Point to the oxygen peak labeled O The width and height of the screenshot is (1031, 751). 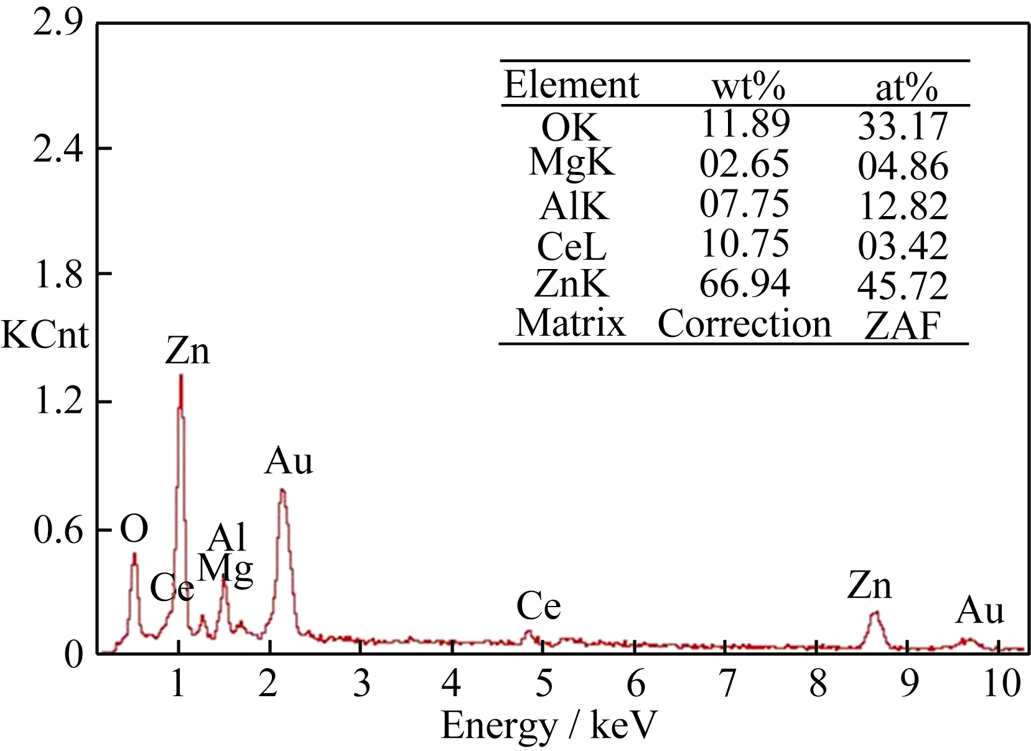click(x=134, y=554)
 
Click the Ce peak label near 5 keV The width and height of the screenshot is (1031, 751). click(x=539, y=606)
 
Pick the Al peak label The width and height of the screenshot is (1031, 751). click(x=227, y=537)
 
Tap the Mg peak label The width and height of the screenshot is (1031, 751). click(x=226, y=568)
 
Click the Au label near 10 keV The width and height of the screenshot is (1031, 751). click(x=980, y=610)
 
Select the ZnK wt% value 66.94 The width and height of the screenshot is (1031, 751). click(x=744, y=284)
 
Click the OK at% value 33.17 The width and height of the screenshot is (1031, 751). click(x=903, y=126)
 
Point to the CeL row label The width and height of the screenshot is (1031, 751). click(x=571, y=247)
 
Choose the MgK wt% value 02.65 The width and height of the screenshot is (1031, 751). click(x=744, y=164)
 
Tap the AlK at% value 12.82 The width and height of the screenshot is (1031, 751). click(x=903, y=206)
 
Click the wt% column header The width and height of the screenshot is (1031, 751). click(x=749, y=86)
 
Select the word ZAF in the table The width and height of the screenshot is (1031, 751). click(x=903, y=325)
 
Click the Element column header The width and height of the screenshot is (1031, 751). click(x=571, y=85)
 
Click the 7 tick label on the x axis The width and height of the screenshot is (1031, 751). click(x=726, y=684)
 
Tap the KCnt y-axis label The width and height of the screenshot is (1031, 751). click(x=45, y=335)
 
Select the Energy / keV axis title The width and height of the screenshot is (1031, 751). click(x=549, y=725)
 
